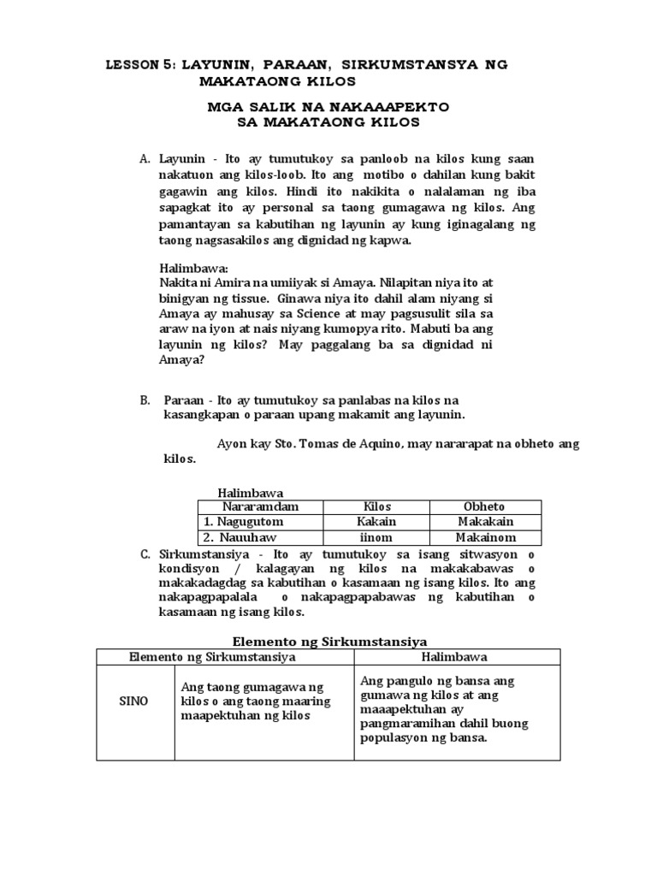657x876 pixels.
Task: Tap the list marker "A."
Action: coord(145,159)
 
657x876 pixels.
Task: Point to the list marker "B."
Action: coord(145,400)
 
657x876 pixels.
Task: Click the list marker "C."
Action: coord(145,555)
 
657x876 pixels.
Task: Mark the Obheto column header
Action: coord(484,507)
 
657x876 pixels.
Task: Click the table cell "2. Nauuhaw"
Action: coord(229,537)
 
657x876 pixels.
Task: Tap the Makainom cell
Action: coord(484,537)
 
